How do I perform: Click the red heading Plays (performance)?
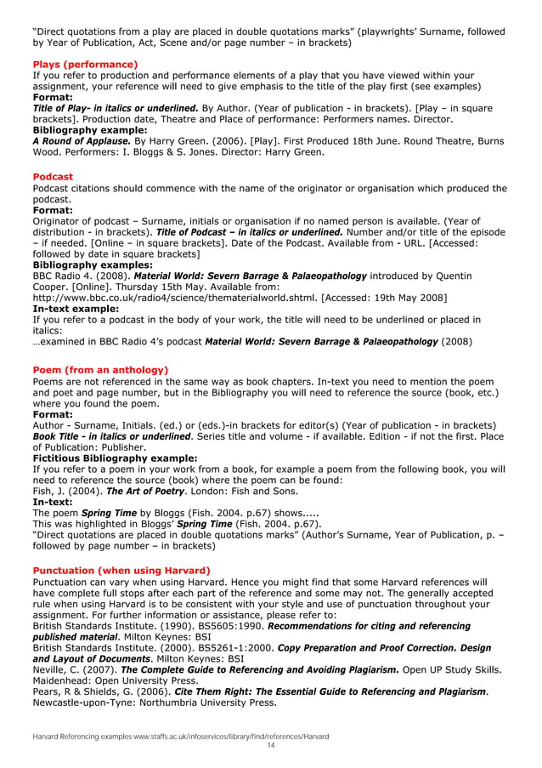click(x=84, y=65)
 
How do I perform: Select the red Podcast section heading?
click(x=54, y=177)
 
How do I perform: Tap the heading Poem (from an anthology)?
click(x=99, y=370)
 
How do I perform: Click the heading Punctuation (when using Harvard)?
click(x=121, y=570)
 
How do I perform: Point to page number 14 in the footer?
click(x=271, y=745)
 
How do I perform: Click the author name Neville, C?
click(x=57, y=669)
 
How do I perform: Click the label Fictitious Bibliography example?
click(x=115, y=458)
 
